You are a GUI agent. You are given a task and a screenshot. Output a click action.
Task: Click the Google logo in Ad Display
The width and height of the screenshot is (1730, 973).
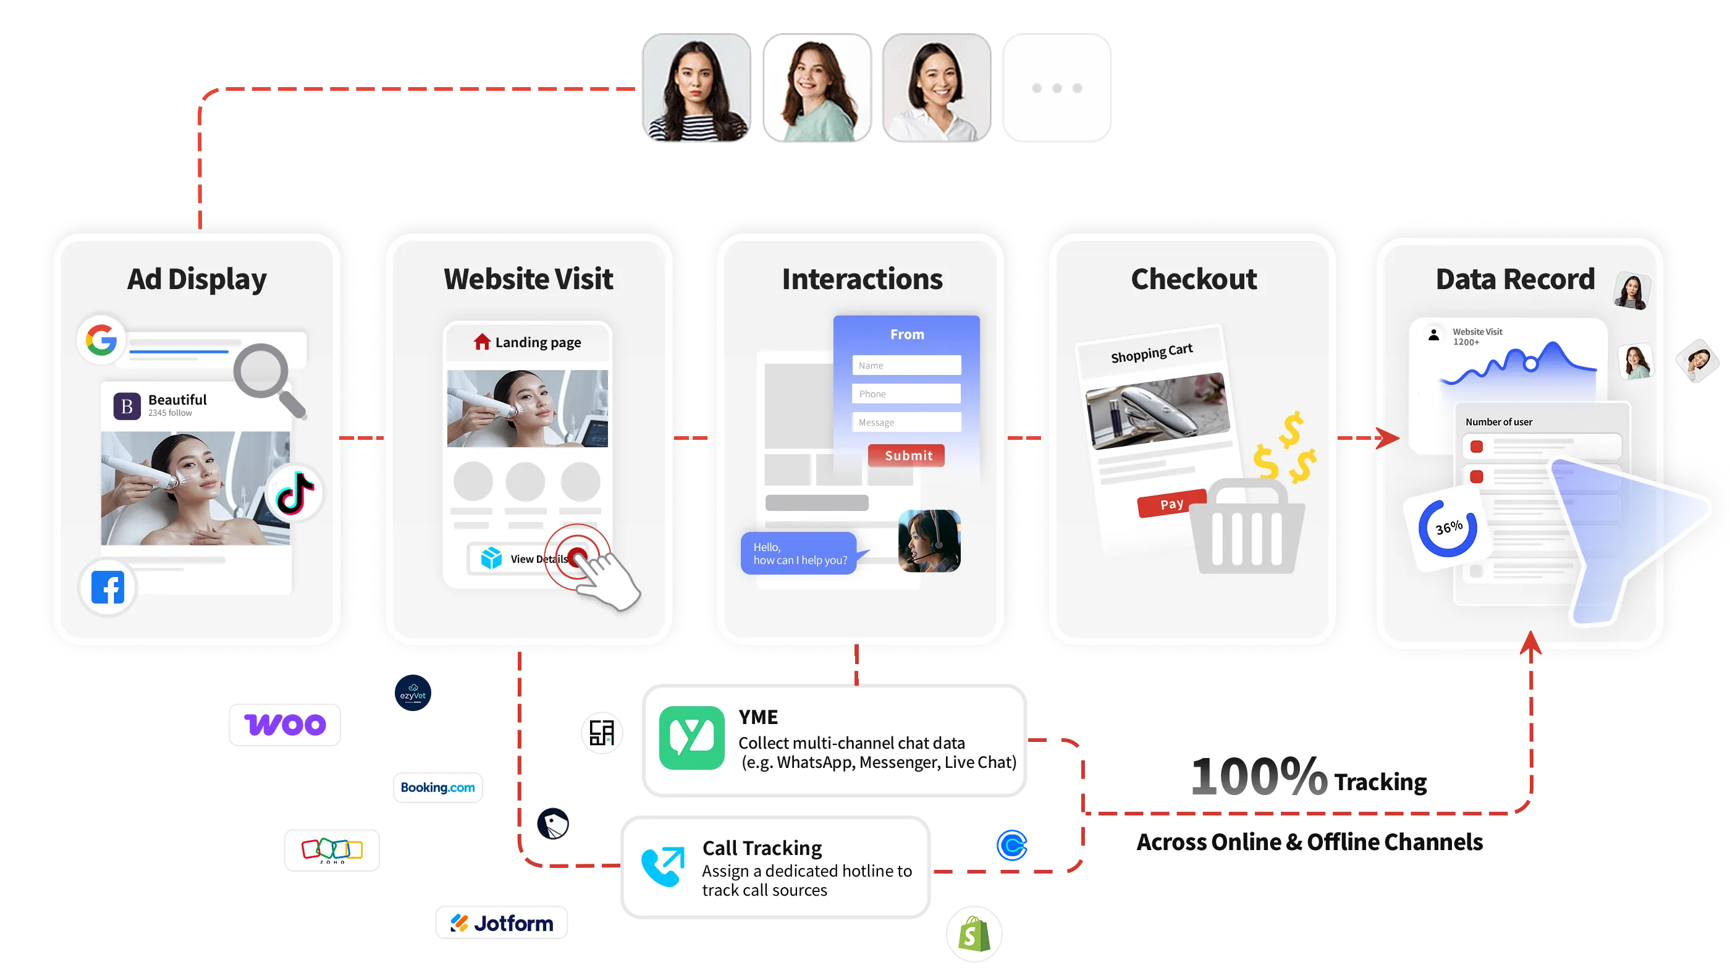click(x=101, y=340)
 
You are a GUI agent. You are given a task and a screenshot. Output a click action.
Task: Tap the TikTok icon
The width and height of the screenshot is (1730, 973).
click(x=295, y=493)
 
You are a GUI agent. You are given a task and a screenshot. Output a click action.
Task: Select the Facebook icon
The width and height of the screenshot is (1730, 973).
click(x=108, y=588)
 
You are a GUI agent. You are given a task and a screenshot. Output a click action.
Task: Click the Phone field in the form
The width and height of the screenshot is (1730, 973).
click(x=906, y=394)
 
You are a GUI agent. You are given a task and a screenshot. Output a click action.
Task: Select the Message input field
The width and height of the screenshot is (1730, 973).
click(x=906, y=423)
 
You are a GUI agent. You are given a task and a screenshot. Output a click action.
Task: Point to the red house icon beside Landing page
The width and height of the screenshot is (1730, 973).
click(x=481, y=342)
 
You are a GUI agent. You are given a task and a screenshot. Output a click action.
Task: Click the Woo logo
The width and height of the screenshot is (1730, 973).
click(x=284, y=724)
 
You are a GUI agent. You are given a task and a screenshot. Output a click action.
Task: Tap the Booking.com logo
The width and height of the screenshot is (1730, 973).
click(x=437, y=788)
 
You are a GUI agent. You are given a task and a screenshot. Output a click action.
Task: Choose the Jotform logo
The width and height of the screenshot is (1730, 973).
click(x=501, y=924)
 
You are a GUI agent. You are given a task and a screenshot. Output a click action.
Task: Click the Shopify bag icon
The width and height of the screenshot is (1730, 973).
click(x=973, y=934)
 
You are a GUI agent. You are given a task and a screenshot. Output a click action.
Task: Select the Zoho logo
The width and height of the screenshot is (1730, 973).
click(x=331, y=850)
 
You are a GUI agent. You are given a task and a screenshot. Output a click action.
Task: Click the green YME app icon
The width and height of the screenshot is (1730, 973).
click(x=691, y=737)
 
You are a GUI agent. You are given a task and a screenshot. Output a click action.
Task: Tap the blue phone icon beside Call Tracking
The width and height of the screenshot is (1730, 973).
click(x=662, y=866)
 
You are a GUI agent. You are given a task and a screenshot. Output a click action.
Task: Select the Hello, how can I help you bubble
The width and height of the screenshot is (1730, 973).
click(x=798, y=554)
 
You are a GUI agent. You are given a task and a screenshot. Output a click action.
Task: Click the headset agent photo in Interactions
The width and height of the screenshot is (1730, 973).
click(x=929, y=541)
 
